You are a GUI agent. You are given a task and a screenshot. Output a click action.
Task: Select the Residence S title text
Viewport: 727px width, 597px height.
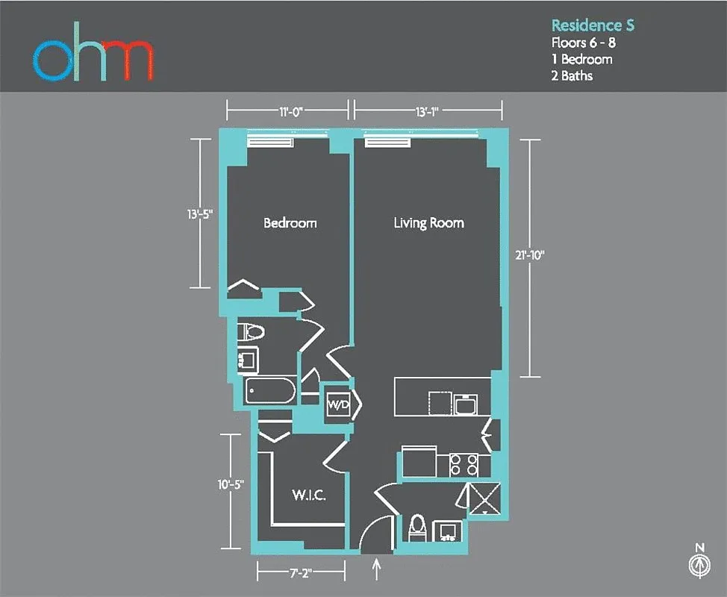[593, 25]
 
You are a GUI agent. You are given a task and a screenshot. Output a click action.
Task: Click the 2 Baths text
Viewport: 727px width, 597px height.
[572, 75]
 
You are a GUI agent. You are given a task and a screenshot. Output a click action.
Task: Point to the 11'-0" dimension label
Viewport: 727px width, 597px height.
[287, 112]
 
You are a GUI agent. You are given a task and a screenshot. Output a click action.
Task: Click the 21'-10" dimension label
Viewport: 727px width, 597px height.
[530, 255]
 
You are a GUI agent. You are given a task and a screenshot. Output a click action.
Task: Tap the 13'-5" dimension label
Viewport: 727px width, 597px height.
[200, 214]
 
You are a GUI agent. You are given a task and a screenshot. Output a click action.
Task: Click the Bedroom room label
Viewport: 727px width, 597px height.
[290, 223]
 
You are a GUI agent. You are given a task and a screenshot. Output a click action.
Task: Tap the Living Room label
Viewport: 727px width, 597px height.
[428, 223]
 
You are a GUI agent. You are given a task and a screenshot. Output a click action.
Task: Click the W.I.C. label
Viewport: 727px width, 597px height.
[308, 496]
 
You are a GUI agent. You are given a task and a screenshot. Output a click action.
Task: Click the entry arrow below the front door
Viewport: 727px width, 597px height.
[376, 569]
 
